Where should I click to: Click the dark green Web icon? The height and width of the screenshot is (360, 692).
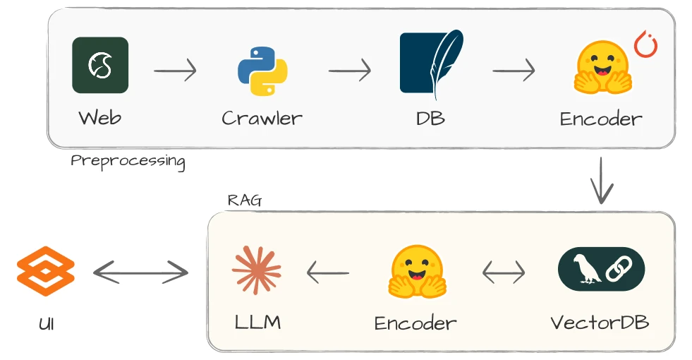click(x=100, y=65)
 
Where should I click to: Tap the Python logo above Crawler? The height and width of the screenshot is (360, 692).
click(x=262, y=71)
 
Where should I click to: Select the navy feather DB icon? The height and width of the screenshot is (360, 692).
click(x=431, y=64)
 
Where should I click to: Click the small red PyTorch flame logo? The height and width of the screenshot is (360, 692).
click(x=645, y=44)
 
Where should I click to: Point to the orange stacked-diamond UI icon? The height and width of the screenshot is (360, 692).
click(x=45, y=272)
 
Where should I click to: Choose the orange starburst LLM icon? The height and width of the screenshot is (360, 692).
click(x=257, y=270)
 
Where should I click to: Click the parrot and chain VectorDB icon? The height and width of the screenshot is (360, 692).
click(x=601, y=270)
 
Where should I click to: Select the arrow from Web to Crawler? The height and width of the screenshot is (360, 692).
click(x=175, y=71)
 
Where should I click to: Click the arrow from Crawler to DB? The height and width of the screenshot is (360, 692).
click(x=349, y=71)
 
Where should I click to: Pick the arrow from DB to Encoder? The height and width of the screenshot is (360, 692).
click(x=514, y=71)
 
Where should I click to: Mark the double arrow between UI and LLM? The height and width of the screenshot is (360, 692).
click(x=141, y=272)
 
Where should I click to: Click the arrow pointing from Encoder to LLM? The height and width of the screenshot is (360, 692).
click(x=328, y=272)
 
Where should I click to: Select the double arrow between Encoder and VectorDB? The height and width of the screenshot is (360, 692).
click(x=504, y=272)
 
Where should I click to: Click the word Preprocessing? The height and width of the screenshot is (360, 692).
click(x=128, y=161)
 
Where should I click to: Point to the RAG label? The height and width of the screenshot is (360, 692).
click(x=244, y=200)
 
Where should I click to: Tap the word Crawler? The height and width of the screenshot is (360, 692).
click(x=262, y=118)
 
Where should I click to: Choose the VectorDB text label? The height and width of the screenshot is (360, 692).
click(x=600, y=323)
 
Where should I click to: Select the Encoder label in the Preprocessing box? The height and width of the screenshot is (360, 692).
click(x=601, y=119)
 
